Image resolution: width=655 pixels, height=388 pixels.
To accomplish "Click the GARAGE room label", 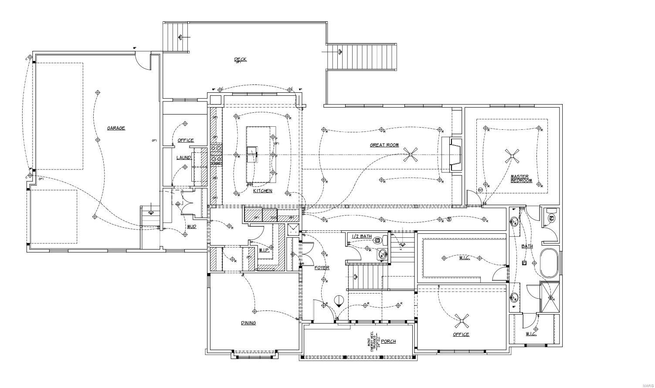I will point(116,128).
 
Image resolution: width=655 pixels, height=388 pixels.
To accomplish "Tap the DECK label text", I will point(240,59).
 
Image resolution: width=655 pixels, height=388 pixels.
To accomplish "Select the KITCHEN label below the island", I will point(262,191).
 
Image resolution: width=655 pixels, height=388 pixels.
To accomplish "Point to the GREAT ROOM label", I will point(384,145).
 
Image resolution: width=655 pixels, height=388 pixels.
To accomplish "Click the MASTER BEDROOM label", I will point(521,179).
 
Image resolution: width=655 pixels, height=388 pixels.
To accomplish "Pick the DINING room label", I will point(248,323).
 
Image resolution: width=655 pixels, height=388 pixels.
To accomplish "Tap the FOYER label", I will point(322,268).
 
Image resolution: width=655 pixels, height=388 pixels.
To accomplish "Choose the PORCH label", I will point(388,341).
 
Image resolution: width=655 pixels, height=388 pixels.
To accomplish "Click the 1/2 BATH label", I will point(362,236).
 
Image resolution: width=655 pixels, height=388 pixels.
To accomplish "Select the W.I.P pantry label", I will point(264,250).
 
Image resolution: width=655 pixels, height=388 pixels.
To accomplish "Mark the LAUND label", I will point(183,157).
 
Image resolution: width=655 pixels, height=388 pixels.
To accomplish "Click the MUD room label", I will point(191,227).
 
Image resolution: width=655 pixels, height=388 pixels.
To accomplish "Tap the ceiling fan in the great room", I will point(411,155).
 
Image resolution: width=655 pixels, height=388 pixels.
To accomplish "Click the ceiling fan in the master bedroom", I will point(512,156).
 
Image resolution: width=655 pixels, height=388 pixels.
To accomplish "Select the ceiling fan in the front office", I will point(462,321).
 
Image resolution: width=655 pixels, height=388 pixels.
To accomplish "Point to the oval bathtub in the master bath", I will point(549,263).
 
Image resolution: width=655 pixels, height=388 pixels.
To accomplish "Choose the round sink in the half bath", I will point(382,254).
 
